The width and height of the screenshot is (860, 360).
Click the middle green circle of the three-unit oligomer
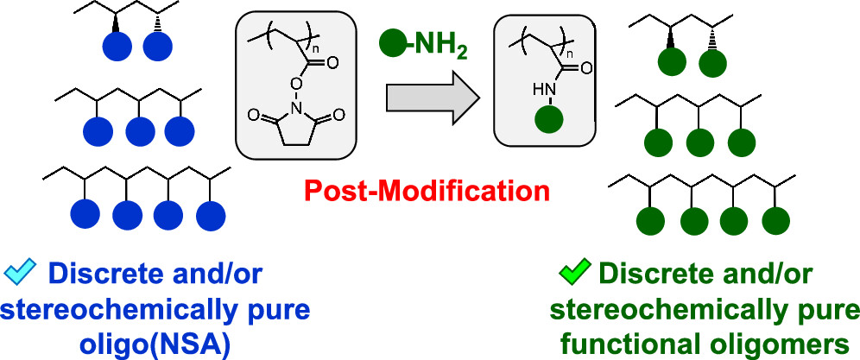(699, 141)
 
